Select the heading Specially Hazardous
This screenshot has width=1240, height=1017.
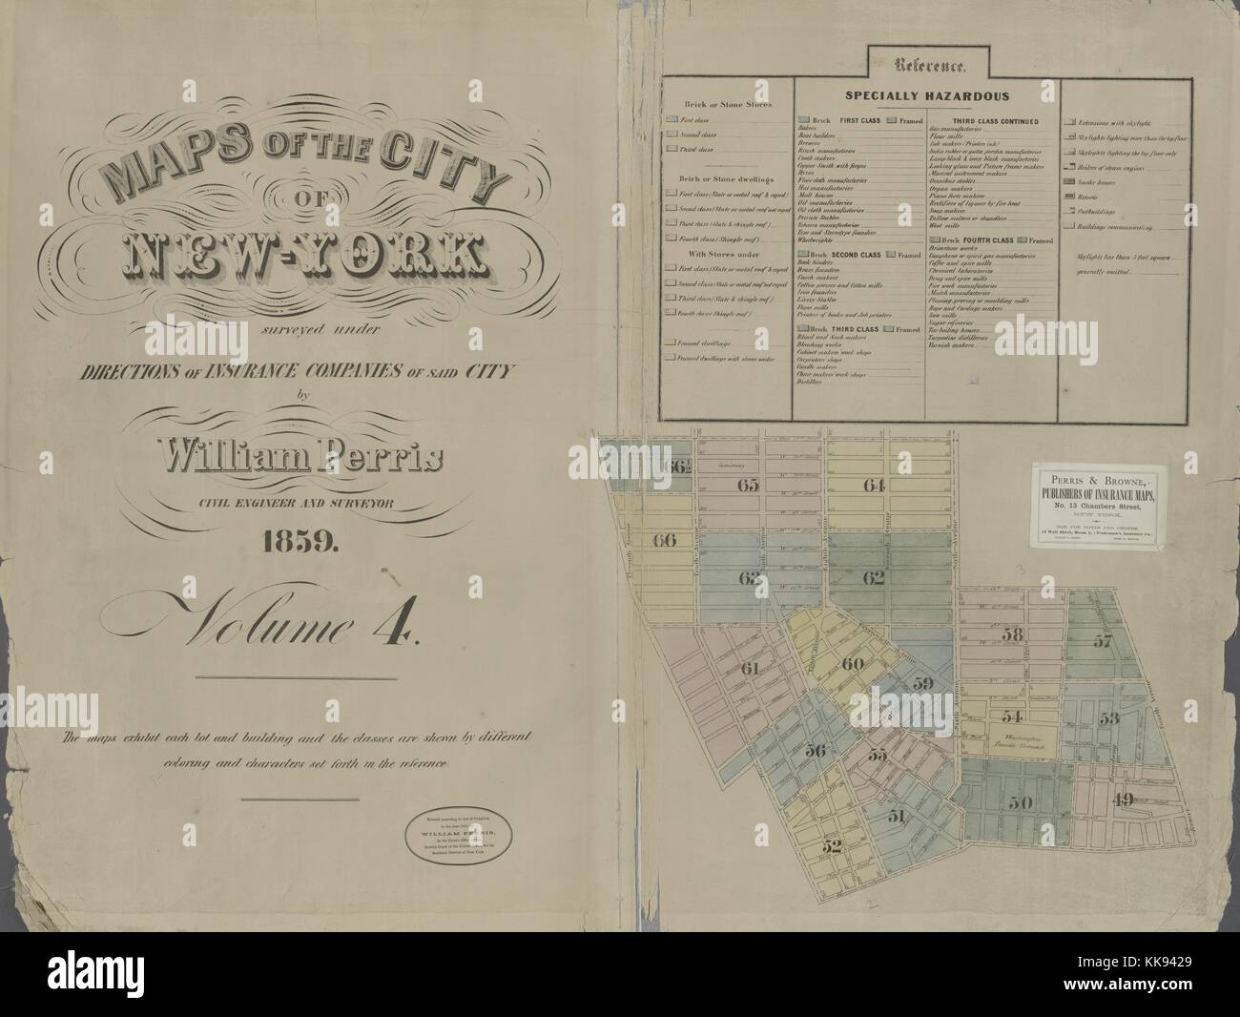pos(926,96)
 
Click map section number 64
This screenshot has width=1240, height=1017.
pos(874,486)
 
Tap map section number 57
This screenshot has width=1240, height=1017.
pos(1103,641)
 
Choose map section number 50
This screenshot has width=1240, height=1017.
pos(1020,802)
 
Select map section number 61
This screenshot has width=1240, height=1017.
pos(749,668)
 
